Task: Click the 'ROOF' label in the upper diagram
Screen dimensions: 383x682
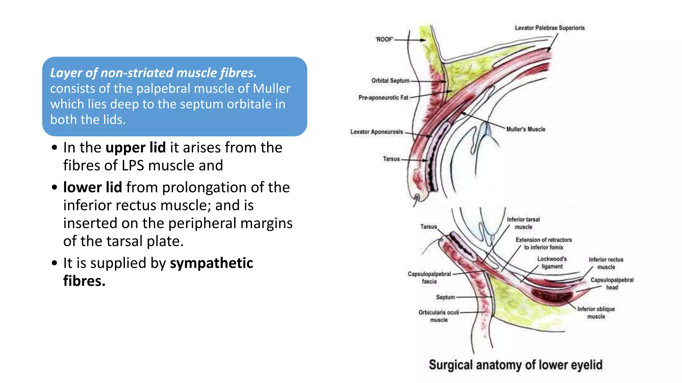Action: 384,39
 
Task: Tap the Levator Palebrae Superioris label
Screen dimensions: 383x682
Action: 549,28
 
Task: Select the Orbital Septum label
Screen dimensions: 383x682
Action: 390,81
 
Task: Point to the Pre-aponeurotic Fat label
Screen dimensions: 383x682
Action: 383,98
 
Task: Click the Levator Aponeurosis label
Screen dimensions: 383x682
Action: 376,132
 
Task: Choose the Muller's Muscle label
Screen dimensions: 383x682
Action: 525,129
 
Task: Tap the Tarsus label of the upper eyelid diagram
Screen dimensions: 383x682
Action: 391,159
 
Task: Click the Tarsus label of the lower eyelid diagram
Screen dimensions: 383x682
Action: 428,227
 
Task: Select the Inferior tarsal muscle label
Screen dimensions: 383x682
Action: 523,223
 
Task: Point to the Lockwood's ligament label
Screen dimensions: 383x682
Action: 552,263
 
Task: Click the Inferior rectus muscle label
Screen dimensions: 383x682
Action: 606,263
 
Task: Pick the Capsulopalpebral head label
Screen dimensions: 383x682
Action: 612,284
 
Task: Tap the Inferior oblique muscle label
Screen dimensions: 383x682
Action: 596,313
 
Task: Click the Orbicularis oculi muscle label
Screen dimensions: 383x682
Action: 439,316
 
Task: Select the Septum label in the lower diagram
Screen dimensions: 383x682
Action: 445,297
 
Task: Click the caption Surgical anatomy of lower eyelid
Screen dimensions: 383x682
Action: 515,365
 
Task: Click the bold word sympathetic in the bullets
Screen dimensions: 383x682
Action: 211,263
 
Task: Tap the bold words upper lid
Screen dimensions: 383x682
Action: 136,148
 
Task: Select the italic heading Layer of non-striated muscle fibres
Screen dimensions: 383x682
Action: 153,73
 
